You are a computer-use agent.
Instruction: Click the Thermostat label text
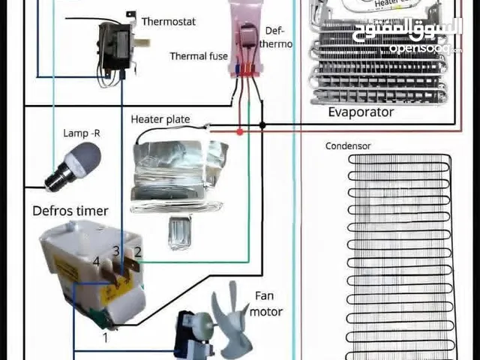coord(168,22)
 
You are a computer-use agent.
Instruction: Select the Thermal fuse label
coord(198,56)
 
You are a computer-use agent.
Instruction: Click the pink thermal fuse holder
coord(244,41)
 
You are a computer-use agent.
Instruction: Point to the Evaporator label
coord(361,112)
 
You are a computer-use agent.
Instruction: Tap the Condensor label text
coord(348,146)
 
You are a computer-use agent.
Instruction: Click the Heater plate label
coord(160,119)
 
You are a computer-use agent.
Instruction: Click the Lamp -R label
coord(82,133)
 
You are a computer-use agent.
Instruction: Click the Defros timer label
coord(70,211)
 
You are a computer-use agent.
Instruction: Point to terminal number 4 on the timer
coord(95,261)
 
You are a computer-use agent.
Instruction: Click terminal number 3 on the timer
coord(116,250)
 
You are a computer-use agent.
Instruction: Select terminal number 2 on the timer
coord(138,250)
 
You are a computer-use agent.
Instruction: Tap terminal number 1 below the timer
coord(106,337)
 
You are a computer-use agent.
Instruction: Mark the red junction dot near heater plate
coord(240,131)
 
